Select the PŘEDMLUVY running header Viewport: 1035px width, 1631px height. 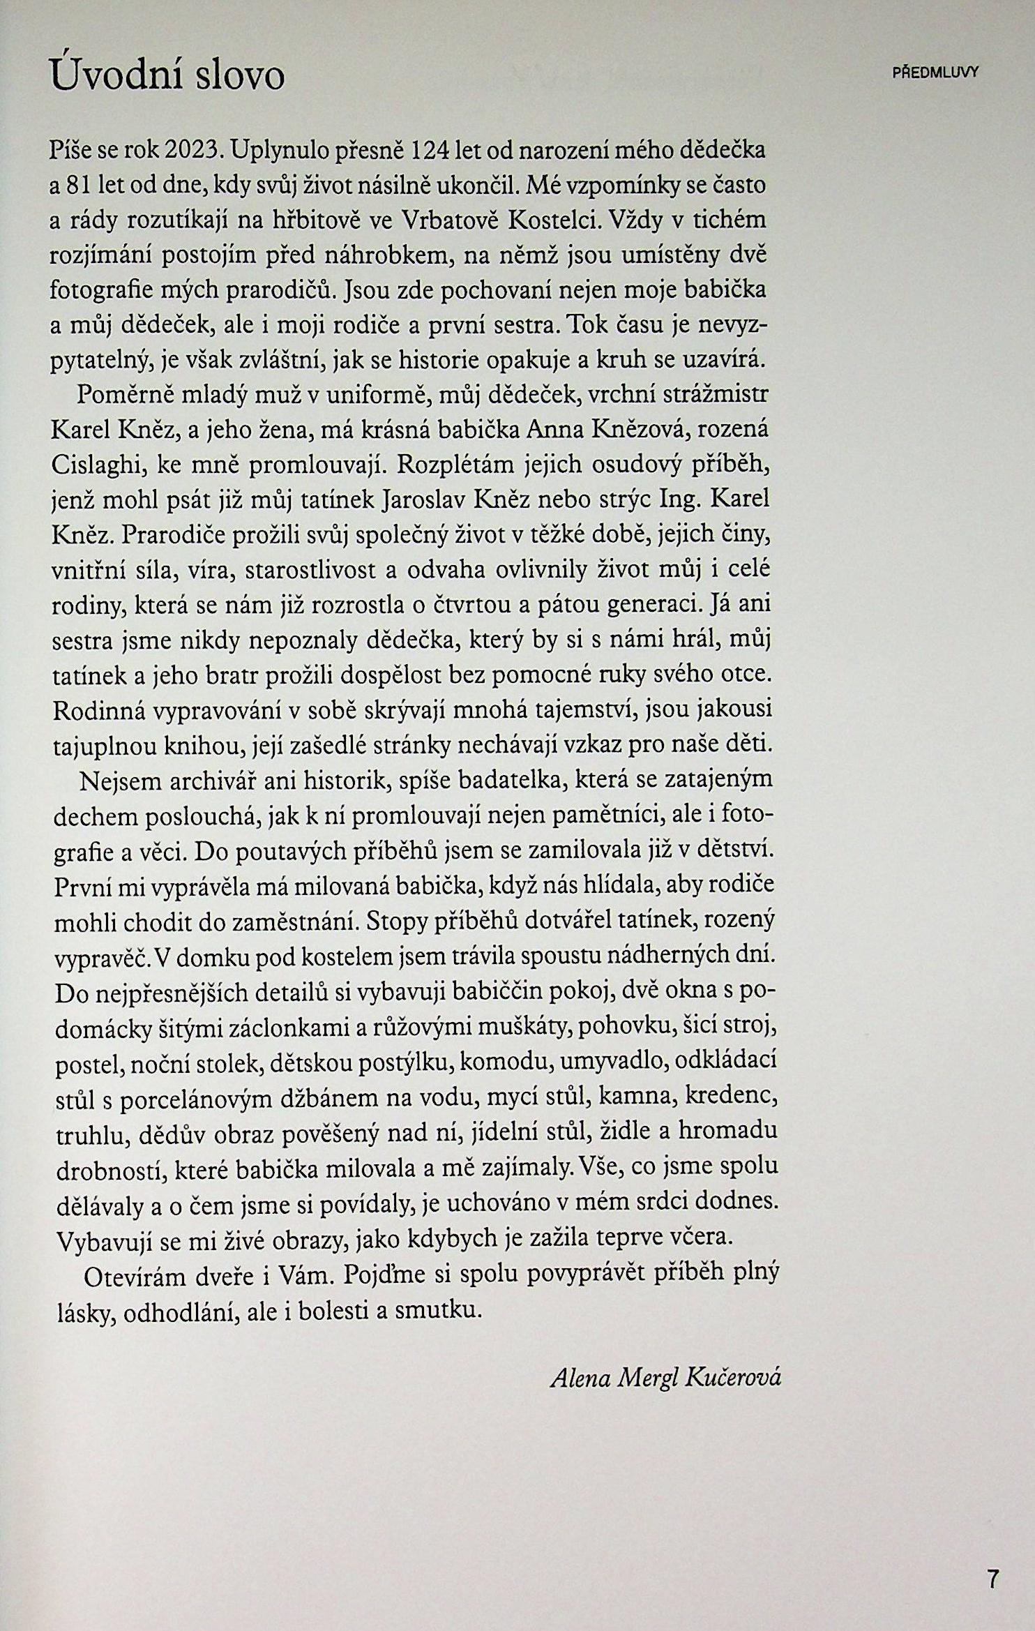(936, 73)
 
